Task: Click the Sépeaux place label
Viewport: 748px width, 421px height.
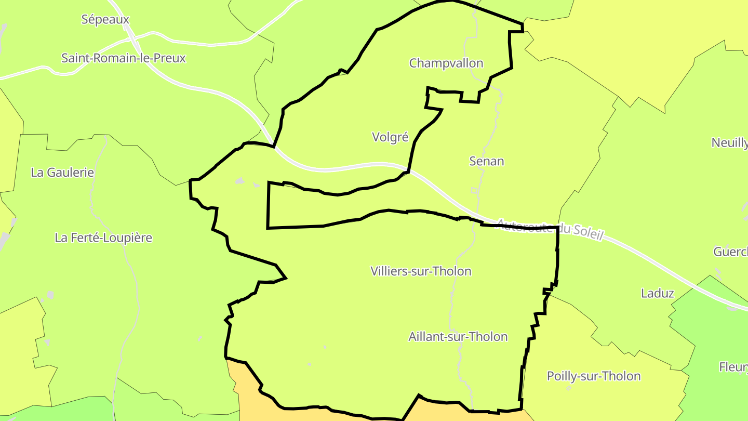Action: (105, 20)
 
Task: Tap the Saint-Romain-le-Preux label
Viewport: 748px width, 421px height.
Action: (123, 58)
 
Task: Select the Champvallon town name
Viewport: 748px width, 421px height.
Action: (446, 63)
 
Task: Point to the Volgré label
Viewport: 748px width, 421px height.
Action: (390, 137)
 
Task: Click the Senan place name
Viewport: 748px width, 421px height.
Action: (487, 161)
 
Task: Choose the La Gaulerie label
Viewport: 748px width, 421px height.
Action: (62, 173)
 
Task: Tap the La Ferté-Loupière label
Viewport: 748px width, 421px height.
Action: (103, 238)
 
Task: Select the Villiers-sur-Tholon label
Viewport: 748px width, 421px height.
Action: (421, 271)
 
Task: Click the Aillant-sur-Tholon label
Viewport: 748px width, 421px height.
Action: (458, 337)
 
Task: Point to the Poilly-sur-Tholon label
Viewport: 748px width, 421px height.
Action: (594, 376)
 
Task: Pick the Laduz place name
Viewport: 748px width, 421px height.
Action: (657, 293)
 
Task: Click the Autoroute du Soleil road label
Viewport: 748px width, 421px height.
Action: (551, 229)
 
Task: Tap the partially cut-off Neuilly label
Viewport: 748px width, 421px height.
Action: (729, 143)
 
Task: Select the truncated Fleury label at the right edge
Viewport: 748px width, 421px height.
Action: (733, 367)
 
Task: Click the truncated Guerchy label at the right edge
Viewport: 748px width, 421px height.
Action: (730, 252)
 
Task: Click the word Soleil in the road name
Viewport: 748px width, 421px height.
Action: (587, 232)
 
